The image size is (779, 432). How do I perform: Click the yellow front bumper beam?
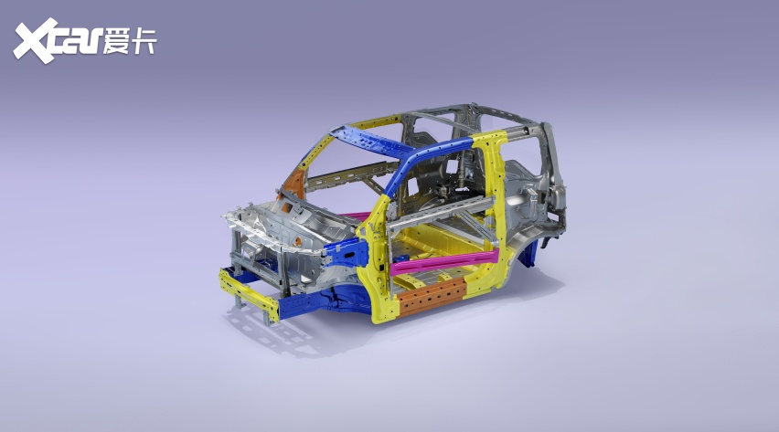point(249,294)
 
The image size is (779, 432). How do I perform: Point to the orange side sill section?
point(432,297)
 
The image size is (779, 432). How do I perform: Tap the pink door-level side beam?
point(443,263)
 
